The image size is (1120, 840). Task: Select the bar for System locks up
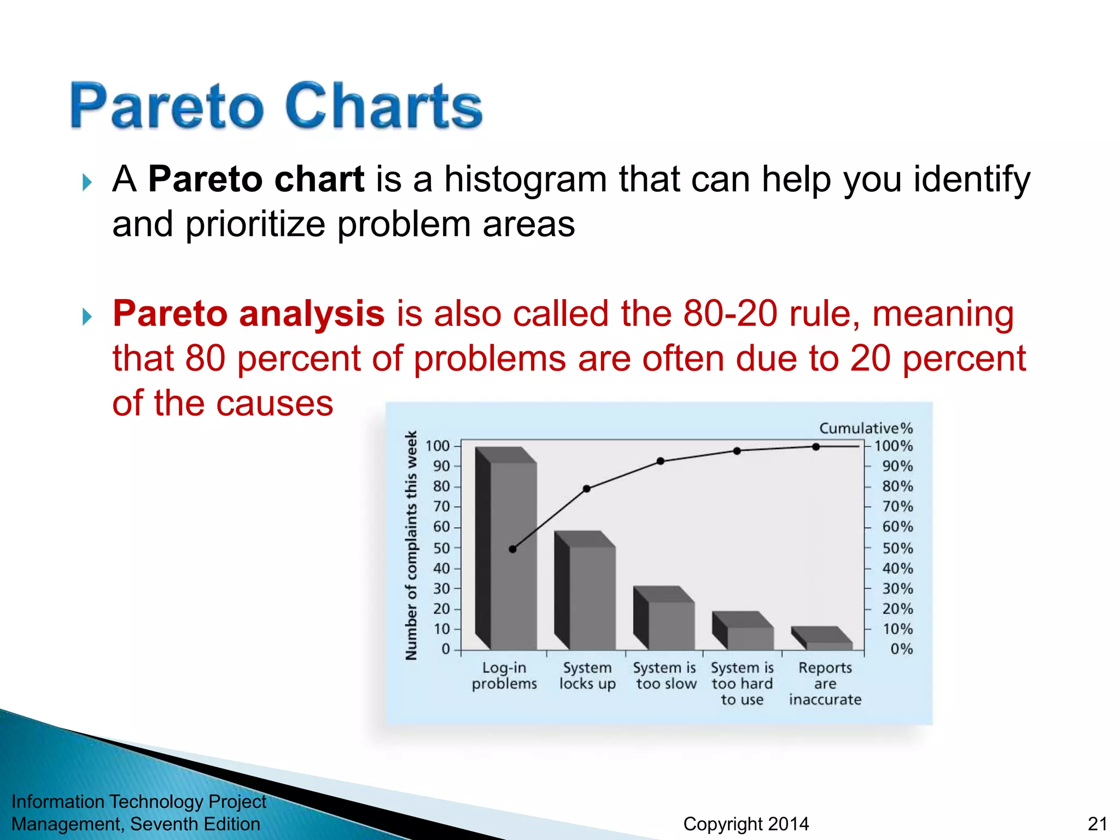592,596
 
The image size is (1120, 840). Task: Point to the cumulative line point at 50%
512,549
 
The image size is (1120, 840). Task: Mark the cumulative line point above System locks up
586,489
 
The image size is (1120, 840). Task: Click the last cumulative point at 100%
816,447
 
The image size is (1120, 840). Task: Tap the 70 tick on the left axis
442,507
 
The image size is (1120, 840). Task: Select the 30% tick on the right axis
897,589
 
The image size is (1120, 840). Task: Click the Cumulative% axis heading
866,428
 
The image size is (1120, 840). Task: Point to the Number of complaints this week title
411,545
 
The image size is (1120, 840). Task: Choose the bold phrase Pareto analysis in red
248,314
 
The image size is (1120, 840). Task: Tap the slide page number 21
1097,824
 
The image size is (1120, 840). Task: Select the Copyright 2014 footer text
746,824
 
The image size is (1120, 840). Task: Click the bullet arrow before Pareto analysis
86,316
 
